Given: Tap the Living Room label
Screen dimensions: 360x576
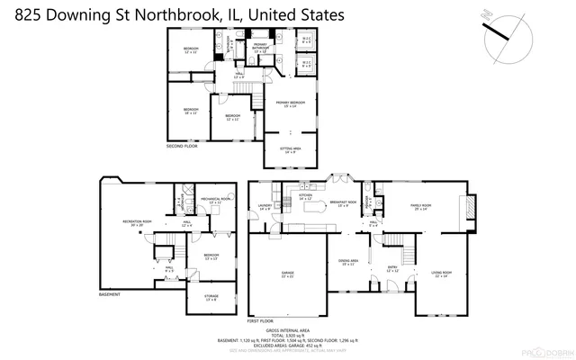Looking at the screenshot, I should tap(440, 274).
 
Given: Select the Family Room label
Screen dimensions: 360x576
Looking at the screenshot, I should tap(422, 208).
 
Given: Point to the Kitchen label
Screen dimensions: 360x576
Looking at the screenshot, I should tap(304, 195).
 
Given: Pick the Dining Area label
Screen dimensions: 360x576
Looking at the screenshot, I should tap(346, 262).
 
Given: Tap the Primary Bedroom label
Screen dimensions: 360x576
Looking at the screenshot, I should tap(290, 104).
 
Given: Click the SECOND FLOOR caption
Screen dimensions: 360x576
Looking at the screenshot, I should tap(181, 146).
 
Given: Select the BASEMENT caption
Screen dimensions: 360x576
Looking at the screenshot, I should tap(109, 293).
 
